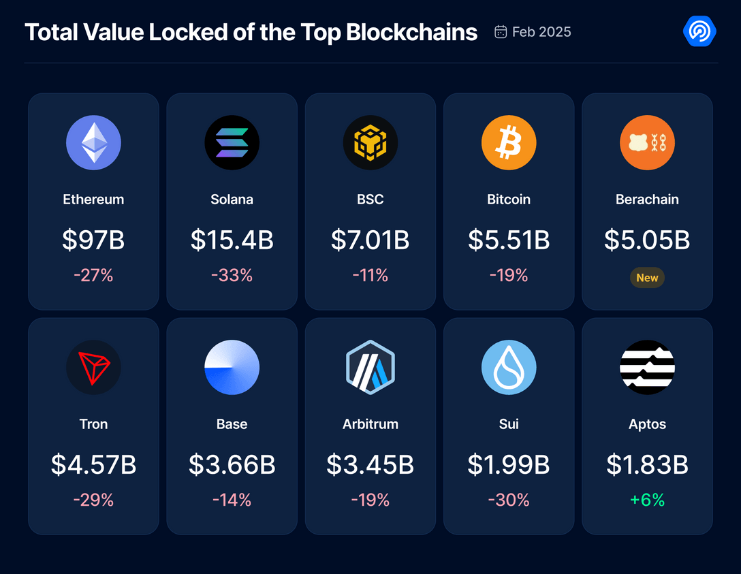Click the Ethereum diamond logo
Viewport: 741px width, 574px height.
(x=93, y=142)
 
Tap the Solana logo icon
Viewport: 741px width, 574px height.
(x=232, y=142)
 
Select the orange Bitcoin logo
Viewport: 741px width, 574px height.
(x=509, y=142)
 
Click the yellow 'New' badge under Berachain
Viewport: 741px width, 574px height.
(x=647, y=278)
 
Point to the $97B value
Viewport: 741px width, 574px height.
(x=93, y=240)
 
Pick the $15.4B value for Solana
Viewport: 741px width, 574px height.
(x=232, y=240)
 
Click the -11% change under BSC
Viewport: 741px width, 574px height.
(x=370, y=275)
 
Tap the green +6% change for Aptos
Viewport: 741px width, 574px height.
(x=647, y=500)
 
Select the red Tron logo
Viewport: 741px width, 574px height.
(x=93, y=367)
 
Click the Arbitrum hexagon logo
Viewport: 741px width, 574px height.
(x=370, y=367)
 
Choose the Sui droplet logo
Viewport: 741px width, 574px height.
(x=509, y=367)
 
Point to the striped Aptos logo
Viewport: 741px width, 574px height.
(x=647, y=367)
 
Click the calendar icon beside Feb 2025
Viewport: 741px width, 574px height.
(x=501, y=32)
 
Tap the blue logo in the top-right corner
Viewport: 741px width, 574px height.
(x=699, y=31)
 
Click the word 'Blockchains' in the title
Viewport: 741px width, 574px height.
(x=411, y=32)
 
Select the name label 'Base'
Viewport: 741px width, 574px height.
(x=232, y=424)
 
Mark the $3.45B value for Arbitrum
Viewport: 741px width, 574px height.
(x=370, y=464)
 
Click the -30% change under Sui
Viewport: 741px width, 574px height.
(x=509, y=500)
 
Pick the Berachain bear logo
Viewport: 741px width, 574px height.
(x=647, y=142)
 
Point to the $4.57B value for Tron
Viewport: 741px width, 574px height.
(x=93, y=464)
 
